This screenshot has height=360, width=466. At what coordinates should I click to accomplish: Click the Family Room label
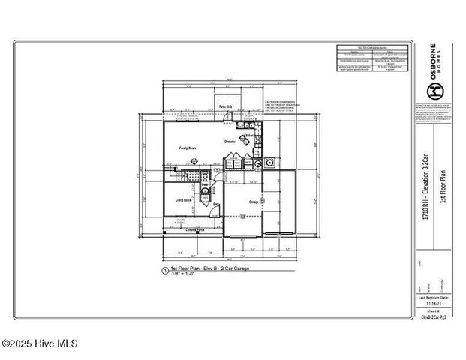[x=188, y=148]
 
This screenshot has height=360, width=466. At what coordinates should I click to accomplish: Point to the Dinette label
[x=230, y=141]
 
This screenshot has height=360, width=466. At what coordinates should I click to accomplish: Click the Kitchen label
[x=249, y=136]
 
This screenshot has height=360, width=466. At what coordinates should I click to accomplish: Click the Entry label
[x=217, y=203]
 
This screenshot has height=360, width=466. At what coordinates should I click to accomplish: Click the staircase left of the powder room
[x=188, y=175]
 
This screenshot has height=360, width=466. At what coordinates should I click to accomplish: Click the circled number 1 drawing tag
[x=164, y=269]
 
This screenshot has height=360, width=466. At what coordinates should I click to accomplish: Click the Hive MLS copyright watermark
[x=39, y=344]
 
